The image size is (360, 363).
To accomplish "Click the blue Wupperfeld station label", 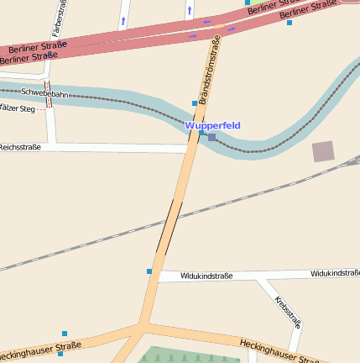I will click(212, 125).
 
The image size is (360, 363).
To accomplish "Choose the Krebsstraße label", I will click(288, 310).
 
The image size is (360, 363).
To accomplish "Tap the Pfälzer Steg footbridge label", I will click(17, 108).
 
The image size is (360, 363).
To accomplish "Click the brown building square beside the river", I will click(322, 151).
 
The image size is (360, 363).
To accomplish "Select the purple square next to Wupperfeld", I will click(211, 137).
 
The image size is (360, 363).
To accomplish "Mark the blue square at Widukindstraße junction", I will click(149, 271).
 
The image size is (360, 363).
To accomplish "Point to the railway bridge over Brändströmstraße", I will click(169, 226).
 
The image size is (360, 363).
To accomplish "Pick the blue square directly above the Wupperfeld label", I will click(195, 103).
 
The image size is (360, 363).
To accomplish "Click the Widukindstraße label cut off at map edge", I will click(335, 273).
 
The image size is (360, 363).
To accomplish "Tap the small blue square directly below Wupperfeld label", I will click(201, 133).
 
